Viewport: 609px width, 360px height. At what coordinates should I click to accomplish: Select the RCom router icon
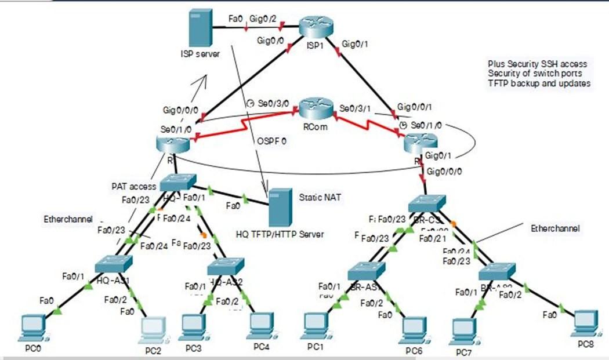316,109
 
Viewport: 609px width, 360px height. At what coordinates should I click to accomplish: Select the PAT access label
134,187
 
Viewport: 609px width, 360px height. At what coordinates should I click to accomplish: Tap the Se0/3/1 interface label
356,108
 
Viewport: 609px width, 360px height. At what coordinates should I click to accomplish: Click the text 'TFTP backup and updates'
539,83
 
